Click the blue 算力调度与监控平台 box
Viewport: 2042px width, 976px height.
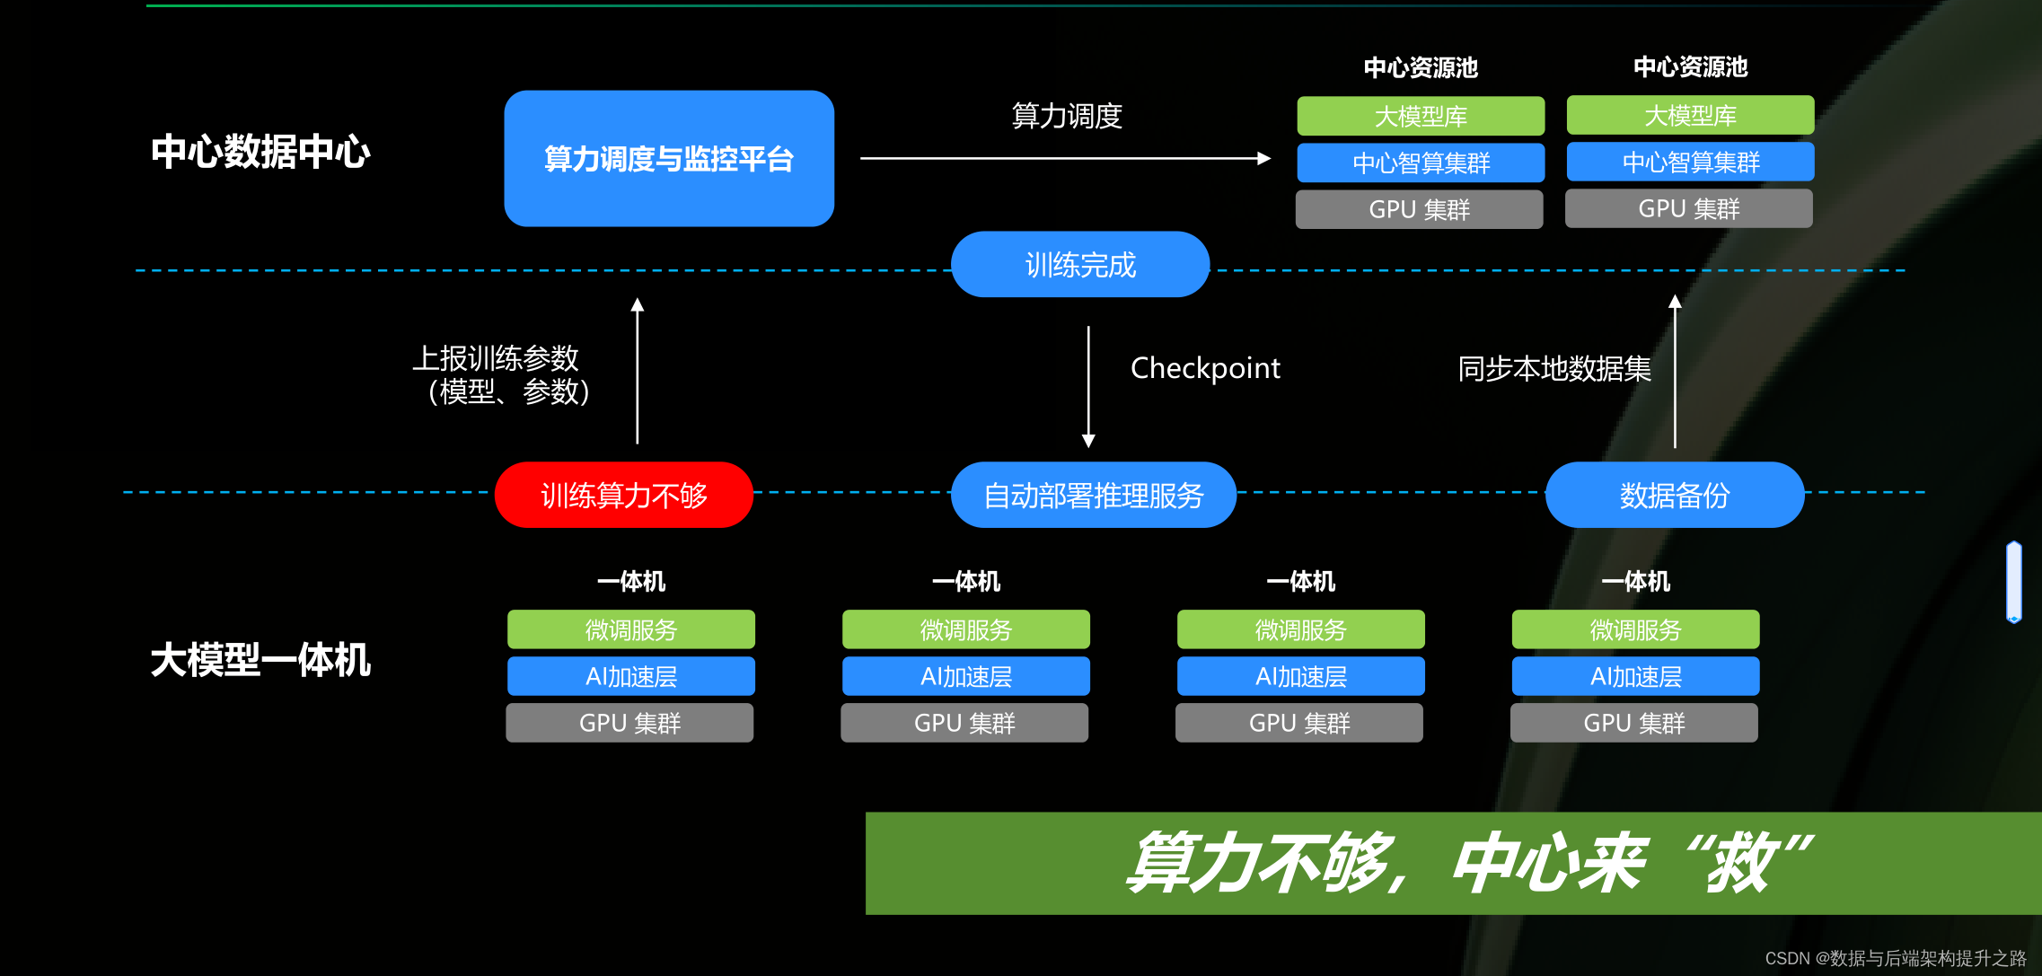[x=669, y=159]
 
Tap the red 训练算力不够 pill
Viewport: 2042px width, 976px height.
[x=624, y=495]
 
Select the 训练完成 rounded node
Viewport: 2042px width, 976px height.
[x=1080, y=265]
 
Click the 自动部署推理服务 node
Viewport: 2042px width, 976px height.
[x=1093, y=495]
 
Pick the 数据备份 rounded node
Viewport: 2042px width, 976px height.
[x=1675, y=495]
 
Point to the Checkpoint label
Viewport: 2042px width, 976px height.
[x=1205, y=368]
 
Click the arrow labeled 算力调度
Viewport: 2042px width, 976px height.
[x=1065, y=159]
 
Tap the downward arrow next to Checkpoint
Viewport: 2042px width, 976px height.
[x=1088, y=386]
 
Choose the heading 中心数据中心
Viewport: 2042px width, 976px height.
[x=260, y=152]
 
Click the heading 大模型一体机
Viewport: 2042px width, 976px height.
[x=260, y=660]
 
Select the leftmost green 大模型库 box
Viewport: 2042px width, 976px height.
[x=1421, y=116]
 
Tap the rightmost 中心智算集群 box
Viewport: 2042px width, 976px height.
[x=1690, y=162]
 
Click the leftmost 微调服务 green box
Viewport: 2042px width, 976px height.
[x=630, y=629]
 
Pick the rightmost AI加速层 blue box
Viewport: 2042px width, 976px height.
[x=1635, y=676]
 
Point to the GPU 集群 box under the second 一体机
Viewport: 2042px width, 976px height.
[x=964, y=723]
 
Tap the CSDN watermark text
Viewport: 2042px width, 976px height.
[x=1895, y=958]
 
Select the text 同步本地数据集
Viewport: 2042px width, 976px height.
[x=1554, y=368]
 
